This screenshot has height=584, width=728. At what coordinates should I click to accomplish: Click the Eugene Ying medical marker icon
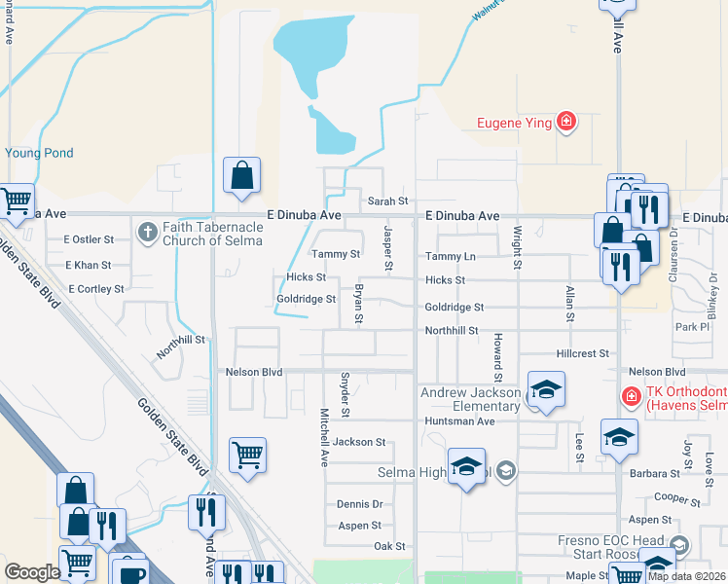[x=566, y=122]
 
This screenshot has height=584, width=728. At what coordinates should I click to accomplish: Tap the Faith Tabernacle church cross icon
[x=147, y=232]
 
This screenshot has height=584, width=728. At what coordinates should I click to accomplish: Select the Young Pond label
[x=39, y=153]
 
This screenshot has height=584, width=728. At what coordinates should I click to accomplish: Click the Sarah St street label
[x=387, y=201]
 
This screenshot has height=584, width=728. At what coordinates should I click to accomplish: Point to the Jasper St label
[x=387, y=248]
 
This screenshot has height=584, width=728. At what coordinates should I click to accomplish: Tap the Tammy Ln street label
[x=450, y=256]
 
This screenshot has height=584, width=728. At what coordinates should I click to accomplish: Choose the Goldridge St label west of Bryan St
[x=307, y=300]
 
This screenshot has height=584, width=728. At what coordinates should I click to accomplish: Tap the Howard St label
[x=496, y=357]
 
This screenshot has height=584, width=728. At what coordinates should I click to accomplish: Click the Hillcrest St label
[x=582, y=354]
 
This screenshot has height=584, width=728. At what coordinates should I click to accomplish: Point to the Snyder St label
[x=345, y=393]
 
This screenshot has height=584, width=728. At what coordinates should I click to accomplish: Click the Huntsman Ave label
[x=459, y=421]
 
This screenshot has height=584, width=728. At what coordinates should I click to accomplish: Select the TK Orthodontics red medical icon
[x=631, y=398]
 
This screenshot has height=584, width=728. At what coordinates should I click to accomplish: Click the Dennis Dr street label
[x=359, y=504]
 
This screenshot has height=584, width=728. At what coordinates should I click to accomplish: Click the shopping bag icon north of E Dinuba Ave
[x=241, y=175]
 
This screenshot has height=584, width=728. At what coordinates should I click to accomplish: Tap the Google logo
[x=32, y=572]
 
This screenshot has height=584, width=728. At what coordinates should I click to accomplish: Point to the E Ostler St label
[x=89, y=238]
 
